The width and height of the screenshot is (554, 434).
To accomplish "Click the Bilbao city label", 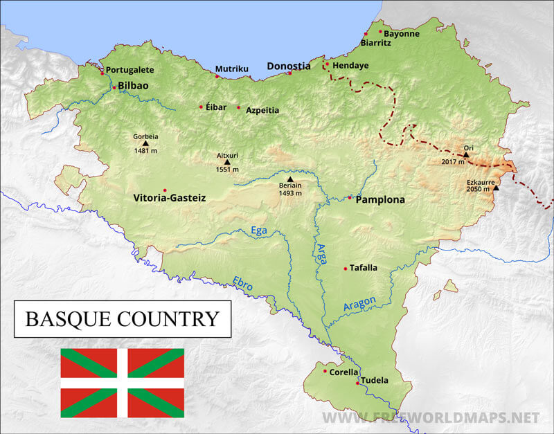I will coord(133,86).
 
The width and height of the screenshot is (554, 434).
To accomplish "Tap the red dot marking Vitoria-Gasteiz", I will coord(165,190).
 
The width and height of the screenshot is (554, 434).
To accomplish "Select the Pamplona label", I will coord(379,199).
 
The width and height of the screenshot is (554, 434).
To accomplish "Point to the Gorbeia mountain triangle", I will coord(145,143).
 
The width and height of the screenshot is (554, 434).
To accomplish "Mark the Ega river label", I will coord(258,231).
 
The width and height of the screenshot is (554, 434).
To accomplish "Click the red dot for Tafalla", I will coord(345,269).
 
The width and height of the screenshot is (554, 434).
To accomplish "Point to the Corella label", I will coord(344,372).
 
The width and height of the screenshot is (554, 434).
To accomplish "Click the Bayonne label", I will coord(402,33).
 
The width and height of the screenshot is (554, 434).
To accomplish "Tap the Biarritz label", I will coord(376,43).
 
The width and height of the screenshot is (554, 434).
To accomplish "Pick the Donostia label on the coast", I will coord(289,66).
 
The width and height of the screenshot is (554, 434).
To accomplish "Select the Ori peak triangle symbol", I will coord(466,154).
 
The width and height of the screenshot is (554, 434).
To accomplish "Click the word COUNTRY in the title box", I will coord(169,319).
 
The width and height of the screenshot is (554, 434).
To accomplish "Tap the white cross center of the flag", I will coord(123,383).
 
